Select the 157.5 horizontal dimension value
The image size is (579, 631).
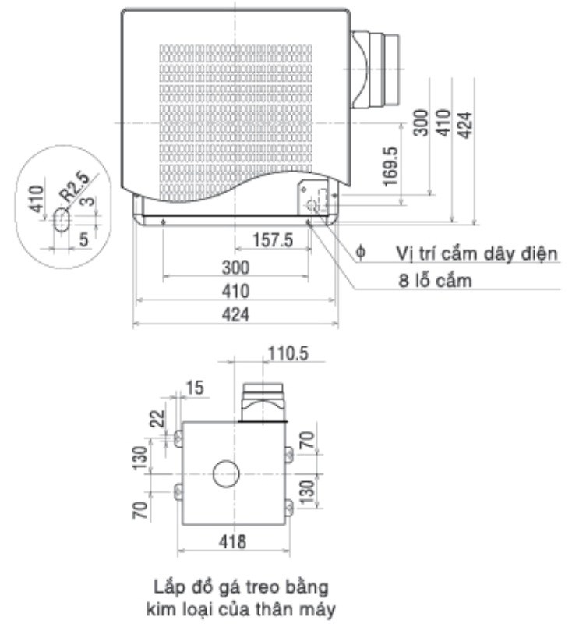pyautogui.click(x=272, y=241)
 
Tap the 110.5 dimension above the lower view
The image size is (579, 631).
pyautogui.click(x=287, y=353)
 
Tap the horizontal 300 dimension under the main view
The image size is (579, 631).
pyautogui.click(x=235, y=268)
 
